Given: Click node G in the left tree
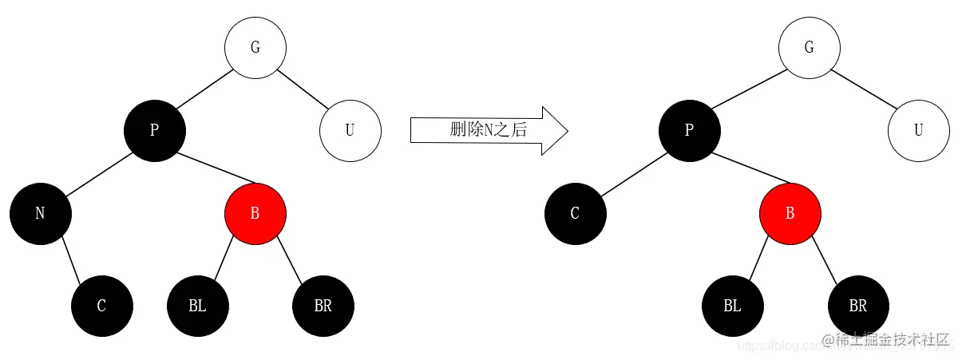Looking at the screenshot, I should [255, 47].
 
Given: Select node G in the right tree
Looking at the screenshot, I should [809, 47].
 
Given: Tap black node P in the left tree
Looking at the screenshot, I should [154, 130].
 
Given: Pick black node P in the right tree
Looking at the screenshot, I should [690, 130].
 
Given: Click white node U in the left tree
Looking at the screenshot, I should [350, 130].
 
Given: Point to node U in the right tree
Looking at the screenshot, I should [918, 130].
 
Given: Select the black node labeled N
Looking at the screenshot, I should [41, 214].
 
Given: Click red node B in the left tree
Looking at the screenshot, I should [255, 214].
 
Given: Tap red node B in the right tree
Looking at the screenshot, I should [790, 214].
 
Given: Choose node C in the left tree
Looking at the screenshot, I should [101, 306].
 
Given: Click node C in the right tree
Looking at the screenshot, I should [575, 214].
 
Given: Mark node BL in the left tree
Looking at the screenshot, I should [197, 306].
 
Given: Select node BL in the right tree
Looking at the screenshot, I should [732, 306].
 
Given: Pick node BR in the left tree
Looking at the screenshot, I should [323, 306].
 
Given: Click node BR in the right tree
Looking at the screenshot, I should [858, 306].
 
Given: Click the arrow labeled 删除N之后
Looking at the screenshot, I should [488, 130].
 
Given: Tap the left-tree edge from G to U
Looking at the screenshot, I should [303, 89].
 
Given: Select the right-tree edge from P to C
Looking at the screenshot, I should [632, 172].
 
